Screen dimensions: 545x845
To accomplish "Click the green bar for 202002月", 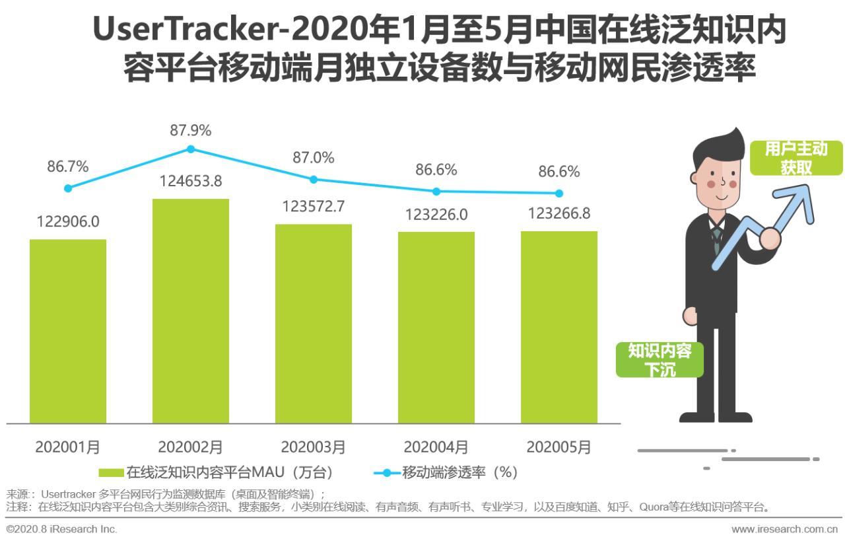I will [191, 310].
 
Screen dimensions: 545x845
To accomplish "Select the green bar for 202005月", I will [558, 327].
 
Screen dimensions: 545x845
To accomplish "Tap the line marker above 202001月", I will [68, 188].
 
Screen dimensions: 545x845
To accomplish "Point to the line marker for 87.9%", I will [191, 149].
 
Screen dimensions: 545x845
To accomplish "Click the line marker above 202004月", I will [436, 192].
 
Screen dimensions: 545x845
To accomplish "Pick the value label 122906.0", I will [67, 221].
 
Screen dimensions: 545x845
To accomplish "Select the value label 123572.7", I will [314, 206].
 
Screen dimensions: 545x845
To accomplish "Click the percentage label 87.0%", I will [314, 158].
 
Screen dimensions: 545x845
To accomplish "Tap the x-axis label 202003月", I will [314, 447].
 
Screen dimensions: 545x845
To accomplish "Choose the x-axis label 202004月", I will [436, 447].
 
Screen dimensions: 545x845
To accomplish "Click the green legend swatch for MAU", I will [111, 472].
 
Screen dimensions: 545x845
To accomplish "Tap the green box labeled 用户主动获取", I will [796, 158].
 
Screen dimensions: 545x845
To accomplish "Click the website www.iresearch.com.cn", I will [784, 529].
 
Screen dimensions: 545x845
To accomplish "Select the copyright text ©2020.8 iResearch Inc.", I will [62, 529].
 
